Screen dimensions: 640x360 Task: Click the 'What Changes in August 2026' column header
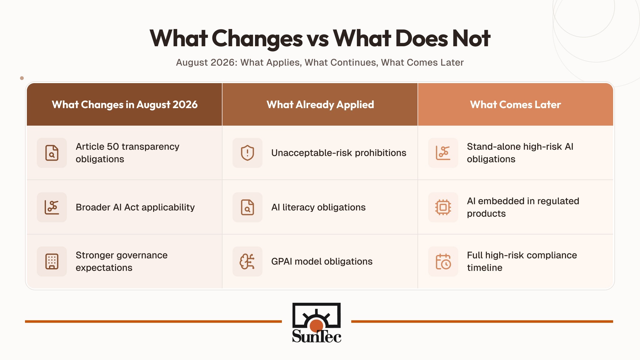(x=125, y=105)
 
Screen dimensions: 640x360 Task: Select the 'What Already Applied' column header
(x=320, y=105)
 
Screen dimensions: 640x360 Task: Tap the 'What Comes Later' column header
(x=516, y=105)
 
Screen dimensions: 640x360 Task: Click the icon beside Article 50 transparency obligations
(x=52, y=153)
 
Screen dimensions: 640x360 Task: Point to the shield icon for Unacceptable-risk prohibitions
(x=247, y=153)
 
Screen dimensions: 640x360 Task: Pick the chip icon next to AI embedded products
(x=443, y=207)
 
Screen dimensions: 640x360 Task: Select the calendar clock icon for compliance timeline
(x=443, y=262)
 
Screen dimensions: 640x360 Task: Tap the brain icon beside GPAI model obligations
(x=247, y=262)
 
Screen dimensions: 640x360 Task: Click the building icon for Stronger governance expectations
(x=52, y=262)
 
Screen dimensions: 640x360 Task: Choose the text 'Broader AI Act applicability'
(x=135, y=207)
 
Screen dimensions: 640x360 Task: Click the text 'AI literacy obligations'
(x=318, y=207)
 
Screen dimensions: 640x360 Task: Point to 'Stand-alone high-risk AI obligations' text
(x=520, y=153)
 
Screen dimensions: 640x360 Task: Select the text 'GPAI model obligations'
(x=322, y=262)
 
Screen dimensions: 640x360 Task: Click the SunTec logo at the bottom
(x=317, y=323)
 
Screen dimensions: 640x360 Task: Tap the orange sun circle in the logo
(x=316, y=326)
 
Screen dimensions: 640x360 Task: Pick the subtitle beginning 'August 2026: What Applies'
(x=320, y=62)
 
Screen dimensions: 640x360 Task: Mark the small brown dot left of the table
(x=22, y=78)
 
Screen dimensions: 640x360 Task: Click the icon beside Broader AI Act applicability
(x=52, y=207)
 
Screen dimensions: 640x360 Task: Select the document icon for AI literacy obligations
(x=247, y=207)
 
